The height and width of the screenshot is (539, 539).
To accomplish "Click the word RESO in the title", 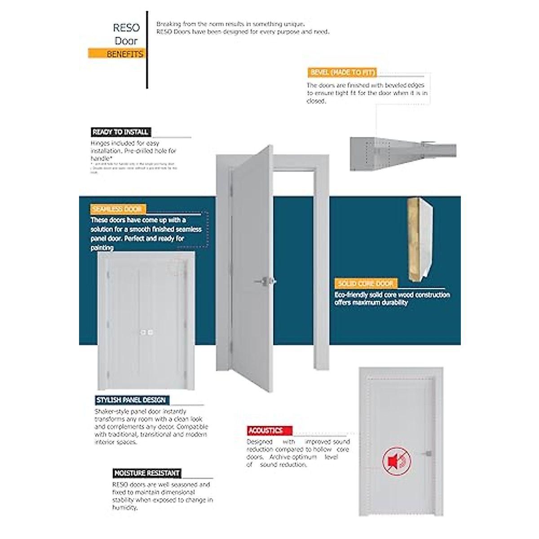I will coord(126,28).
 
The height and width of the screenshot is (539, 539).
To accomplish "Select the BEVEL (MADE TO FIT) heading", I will coord(342,72).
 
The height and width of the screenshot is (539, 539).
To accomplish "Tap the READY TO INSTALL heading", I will coord(120,132).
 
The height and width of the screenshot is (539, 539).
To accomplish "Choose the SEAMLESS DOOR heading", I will coord(117,209).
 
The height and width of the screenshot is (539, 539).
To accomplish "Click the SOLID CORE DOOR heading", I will coord(366,283).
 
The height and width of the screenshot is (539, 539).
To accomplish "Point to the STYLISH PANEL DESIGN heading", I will coord(131,400).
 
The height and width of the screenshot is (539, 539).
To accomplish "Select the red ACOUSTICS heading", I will coord(265,430).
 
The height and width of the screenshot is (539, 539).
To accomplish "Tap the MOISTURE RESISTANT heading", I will coord(147,473).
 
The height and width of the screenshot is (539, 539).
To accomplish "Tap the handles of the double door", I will coord(146,332).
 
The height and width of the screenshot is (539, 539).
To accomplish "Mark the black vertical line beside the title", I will coord(147,49).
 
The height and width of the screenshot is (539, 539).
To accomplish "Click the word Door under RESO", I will coord(126,41).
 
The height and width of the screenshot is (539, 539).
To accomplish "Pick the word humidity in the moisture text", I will coord(124,508).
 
